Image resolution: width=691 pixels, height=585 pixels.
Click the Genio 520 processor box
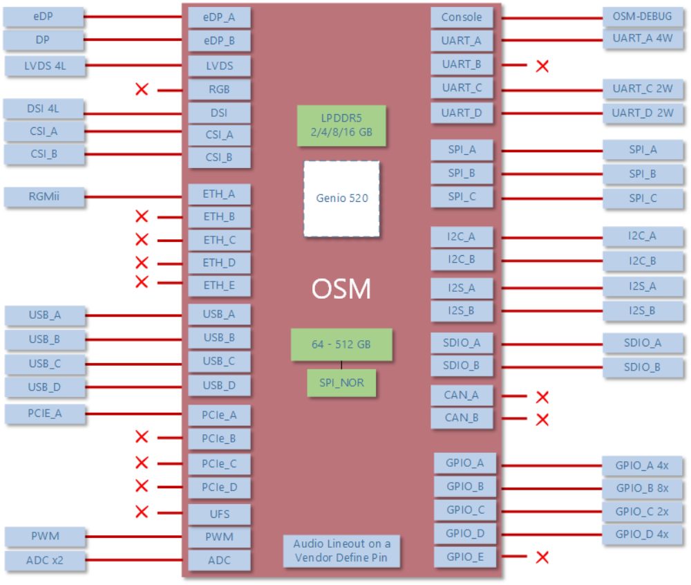tap(341, 198)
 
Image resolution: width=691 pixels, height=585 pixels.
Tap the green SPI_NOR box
tap(341, 382)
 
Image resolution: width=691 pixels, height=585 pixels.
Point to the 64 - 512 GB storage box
tap(341, 344)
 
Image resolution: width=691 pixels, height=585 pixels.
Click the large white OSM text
tap(341, 288)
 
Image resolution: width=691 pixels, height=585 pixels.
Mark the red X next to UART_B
tap(542, 66)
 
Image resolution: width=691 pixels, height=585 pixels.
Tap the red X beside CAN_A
tap(542, 397)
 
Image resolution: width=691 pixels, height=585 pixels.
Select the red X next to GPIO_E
tap(542, 557)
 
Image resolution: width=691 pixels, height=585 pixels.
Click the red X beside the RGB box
tap(142, 89)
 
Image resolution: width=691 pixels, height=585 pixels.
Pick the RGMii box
tap(44, 196)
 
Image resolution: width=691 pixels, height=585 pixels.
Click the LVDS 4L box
tap(45, 66)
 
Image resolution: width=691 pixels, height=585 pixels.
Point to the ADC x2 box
tap(45, 560)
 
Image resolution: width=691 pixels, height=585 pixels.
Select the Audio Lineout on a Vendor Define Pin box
tap(341, 551)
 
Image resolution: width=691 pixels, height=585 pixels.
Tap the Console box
tap(462, 17)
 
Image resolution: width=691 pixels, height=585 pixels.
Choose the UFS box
tap(219, 514)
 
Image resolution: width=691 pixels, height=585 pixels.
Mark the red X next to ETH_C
tap(142, 240)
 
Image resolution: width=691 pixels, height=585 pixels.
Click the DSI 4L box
tap(44, 109)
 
